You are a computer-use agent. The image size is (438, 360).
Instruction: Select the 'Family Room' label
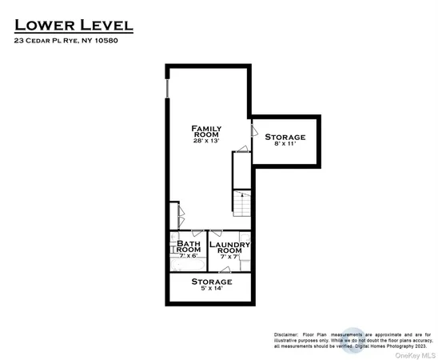206,131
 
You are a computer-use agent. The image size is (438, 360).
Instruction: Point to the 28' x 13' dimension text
206,141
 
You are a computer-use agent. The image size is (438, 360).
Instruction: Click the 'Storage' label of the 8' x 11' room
285,138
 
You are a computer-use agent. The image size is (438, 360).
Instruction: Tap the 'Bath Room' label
189,246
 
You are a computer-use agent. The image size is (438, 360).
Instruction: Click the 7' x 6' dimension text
189,256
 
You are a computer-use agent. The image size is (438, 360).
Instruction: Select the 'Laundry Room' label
230,246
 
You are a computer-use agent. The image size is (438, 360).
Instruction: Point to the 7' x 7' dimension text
230,256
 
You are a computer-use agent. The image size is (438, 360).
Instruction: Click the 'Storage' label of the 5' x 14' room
212,282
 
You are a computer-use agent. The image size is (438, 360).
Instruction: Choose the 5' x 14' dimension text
212,290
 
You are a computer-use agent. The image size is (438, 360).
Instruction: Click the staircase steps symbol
242,203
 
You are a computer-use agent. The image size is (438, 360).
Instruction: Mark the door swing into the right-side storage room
254,128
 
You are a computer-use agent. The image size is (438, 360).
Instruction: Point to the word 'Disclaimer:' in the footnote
285,334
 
